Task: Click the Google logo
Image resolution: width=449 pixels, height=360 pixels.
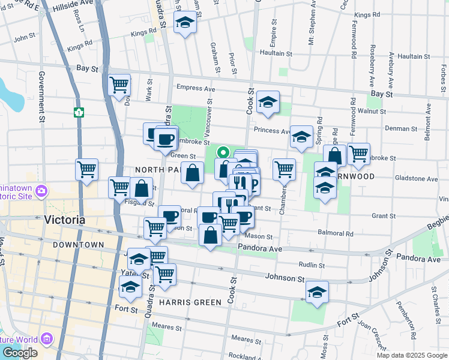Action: [19, 353]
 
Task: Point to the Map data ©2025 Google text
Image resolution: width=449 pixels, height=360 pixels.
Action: [411, 355]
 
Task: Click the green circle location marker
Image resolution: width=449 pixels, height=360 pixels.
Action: [224, 152]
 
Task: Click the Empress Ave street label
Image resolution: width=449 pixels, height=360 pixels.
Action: [195, 89]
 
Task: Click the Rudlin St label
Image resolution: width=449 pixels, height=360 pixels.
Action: [312, 265]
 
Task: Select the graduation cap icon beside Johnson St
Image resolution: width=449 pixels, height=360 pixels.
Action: [317, 292]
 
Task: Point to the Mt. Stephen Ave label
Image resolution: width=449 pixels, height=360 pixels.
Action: [312, 24]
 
